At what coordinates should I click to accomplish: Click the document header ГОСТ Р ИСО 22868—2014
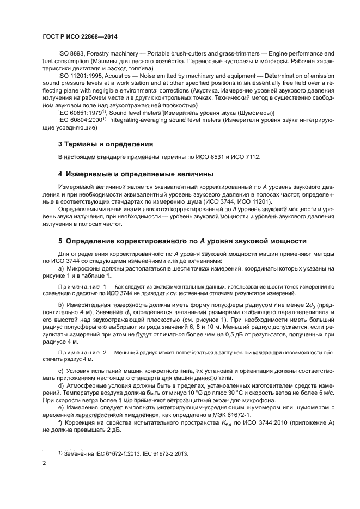(x=80, y=36)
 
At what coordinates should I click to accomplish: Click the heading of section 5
(x=182, y=241)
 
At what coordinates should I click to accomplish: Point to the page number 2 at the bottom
(x=45, y=463)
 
